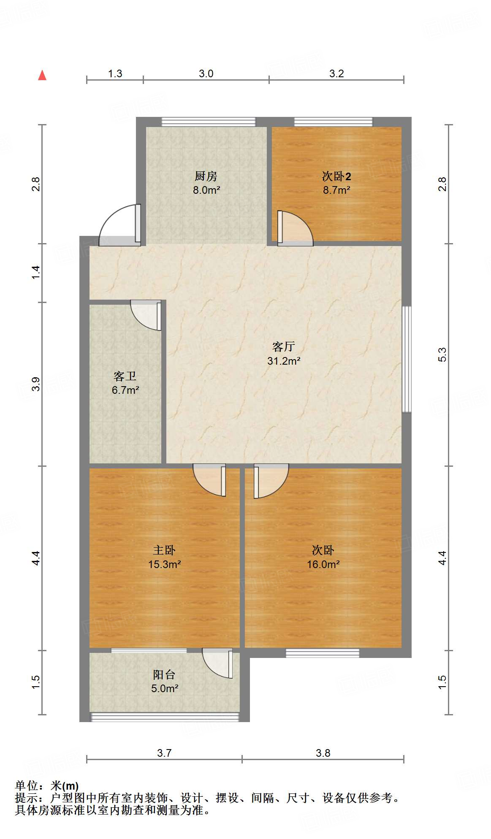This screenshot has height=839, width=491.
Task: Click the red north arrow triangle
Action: coord(42,75)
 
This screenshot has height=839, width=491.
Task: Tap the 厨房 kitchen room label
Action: coord(206,176)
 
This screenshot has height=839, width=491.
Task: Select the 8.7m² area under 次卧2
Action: coord(336,190)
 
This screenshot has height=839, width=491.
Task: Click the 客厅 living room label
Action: coord(283,346)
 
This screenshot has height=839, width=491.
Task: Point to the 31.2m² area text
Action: coord(284,361)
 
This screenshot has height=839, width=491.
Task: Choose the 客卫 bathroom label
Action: coord(125,376)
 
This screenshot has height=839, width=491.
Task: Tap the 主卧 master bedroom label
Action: coord(164,550)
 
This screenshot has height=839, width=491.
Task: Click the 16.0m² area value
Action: coord(323,564)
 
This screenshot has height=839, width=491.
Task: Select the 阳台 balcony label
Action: coord(164,674)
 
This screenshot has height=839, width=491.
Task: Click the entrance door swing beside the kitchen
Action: coord(120,225)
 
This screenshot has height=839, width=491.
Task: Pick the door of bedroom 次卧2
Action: coord(295,228)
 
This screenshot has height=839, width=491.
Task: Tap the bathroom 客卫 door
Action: coord(146,315)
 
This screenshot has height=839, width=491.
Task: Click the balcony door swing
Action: coord(217,663)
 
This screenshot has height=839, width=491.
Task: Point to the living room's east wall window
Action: coord(406,359)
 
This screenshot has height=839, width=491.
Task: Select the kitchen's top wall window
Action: coord(209,122)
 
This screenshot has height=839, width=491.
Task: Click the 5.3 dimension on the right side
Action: coord(442,355)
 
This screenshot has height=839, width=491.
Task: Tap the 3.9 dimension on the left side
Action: coord(36,384)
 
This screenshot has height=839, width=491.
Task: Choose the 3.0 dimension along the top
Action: coord(206,73)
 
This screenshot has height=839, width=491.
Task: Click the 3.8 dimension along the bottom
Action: coord(323,753)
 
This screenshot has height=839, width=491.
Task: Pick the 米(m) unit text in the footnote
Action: coord(65,786)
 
